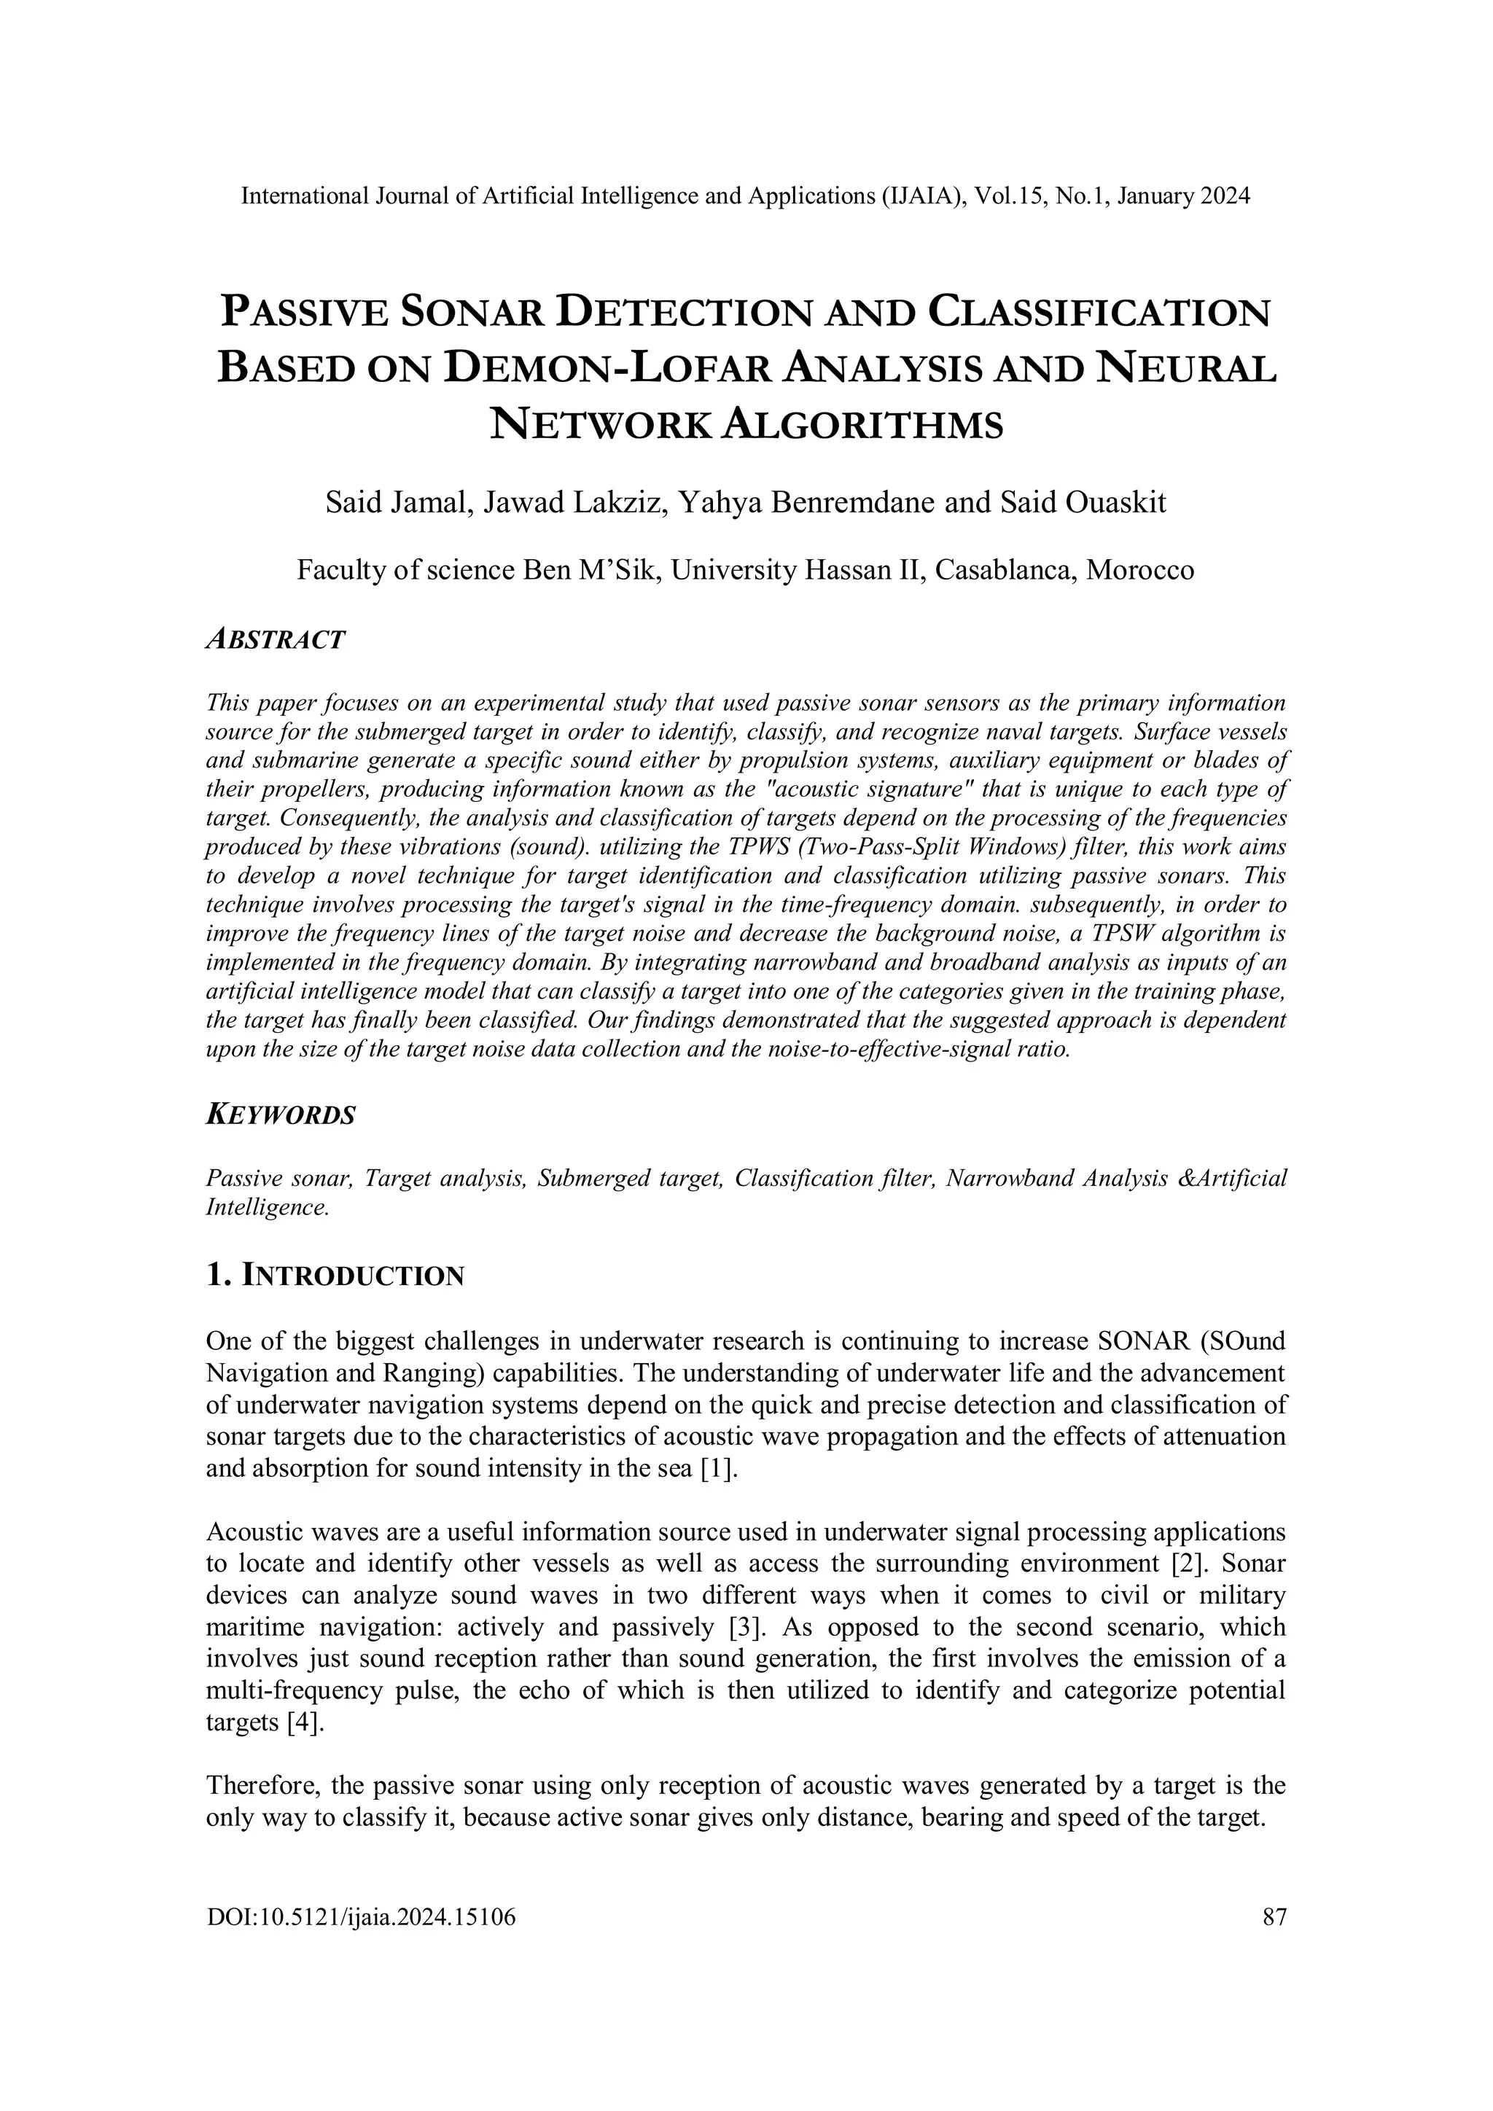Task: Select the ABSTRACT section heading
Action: [275, 639]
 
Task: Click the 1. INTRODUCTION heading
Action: [335, 1275]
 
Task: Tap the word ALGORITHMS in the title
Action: [859, 425]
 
